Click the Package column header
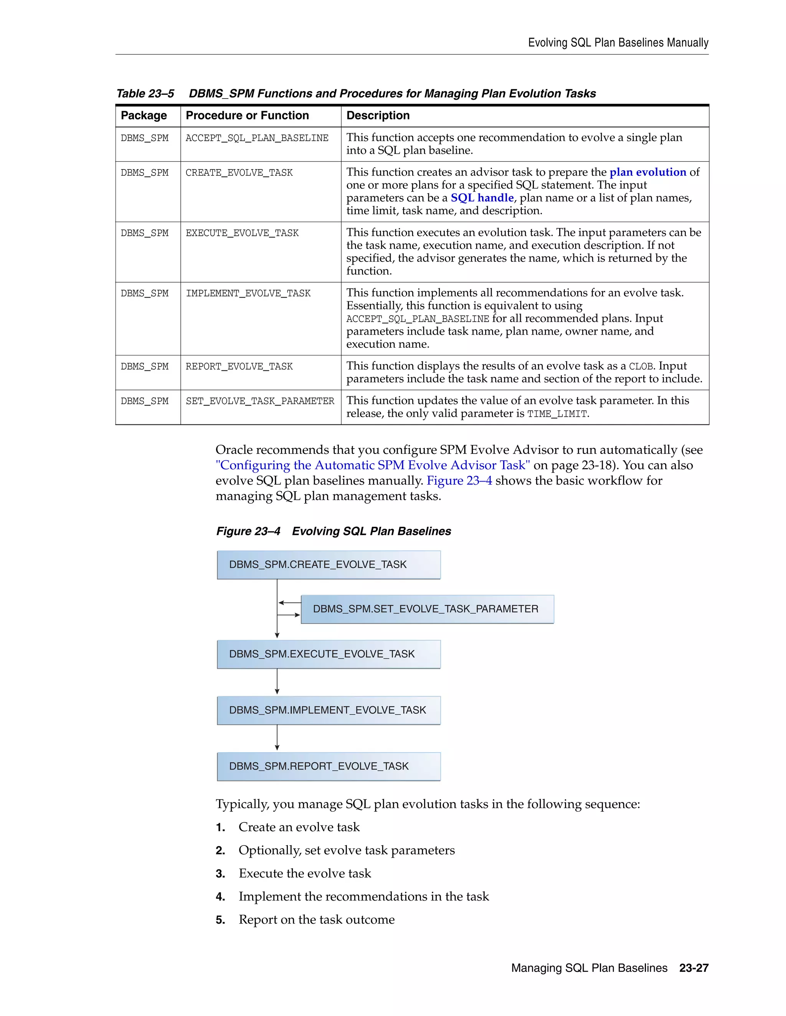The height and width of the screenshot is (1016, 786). coord(144,115)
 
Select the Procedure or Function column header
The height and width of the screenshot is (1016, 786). coord(247,115)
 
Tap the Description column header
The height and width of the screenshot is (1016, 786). coord(378,115)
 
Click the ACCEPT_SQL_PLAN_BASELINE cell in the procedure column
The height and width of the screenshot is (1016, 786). coord(257,138)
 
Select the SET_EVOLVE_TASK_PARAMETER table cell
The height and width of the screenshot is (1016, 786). coord(260,401)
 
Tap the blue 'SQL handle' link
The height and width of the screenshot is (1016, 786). coord(482,198)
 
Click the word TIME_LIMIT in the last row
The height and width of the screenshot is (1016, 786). coord(556,414)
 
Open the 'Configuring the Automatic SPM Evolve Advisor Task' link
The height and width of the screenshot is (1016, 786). coord(373,465)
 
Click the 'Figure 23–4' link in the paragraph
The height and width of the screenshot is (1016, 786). coord(459,480)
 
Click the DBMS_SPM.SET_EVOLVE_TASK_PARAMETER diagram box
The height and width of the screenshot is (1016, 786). coord(427,609)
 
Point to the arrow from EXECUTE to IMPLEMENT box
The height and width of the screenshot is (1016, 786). coord(277,682)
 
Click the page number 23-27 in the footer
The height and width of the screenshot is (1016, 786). coord(694,968)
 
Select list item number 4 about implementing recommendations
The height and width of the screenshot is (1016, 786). coord(363,896)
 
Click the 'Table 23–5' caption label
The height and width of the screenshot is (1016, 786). coord(145,94)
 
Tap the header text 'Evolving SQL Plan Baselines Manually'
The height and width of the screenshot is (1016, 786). coord(618,43)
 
